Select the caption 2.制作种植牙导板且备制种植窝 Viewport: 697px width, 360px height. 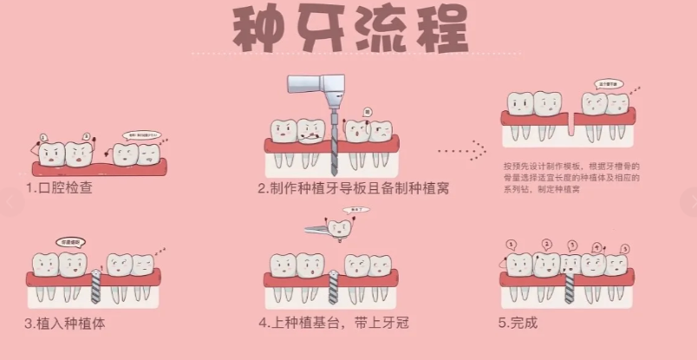[x=353, y=187]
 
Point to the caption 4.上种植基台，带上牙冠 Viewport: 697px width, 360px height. [x=333, y=323]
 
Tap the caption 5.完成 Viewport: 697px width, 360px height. [x=518, y=323]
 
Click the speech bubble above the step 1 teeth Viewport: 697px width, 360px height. [x=141, y=135]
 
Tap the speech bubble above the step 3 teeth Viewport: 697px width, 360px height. [x=71, y=242]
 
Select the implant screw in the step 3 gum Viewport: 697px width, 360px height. [x=96, y=284]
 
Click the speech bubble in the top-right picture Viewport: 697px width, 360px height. [x=609, y=84]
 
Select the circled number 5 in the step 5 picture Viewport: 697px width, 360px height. [x=624, y=248]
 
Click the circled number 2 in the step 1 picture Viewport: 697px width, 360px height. [x=87, y=135]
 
